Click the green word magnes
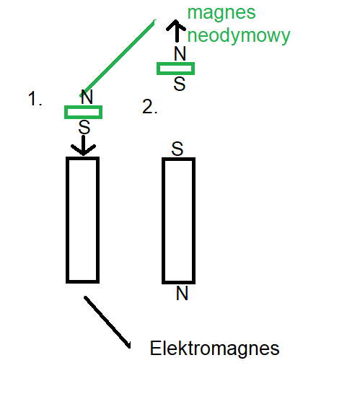(x=221, y=12)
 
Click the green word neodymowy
(x=239, y=35)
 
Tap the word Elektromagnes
(x=214, y=348)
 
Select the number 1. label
(x=35, y=98)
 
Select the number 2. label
(x=150, y=107)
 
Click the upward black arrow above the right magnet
(x=176, y=30)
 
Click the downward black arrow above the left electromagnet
(x=84, y=146)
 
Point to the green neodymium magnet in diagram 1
(x=84, y=112)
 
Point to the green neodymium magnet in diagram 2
(x=175, y=69)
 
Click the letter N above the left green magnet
(x=87, y=97)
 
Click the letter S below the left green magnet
(x=84, y=127)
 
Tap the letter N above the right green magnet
(x=180, y=53)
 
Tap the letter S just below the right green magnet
(x=180, y=84)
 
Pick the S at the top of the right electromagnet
(x=177, y=149)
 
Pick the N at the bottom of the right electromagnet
(x=182, y=293)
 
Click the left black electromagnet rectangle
(x=67, y=220)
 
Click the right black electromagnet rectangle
(x=163, y=221)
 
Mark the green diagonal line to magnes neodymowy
(x=118, y=58)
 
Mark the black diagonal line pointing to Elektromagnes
(x=107, y=323)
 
